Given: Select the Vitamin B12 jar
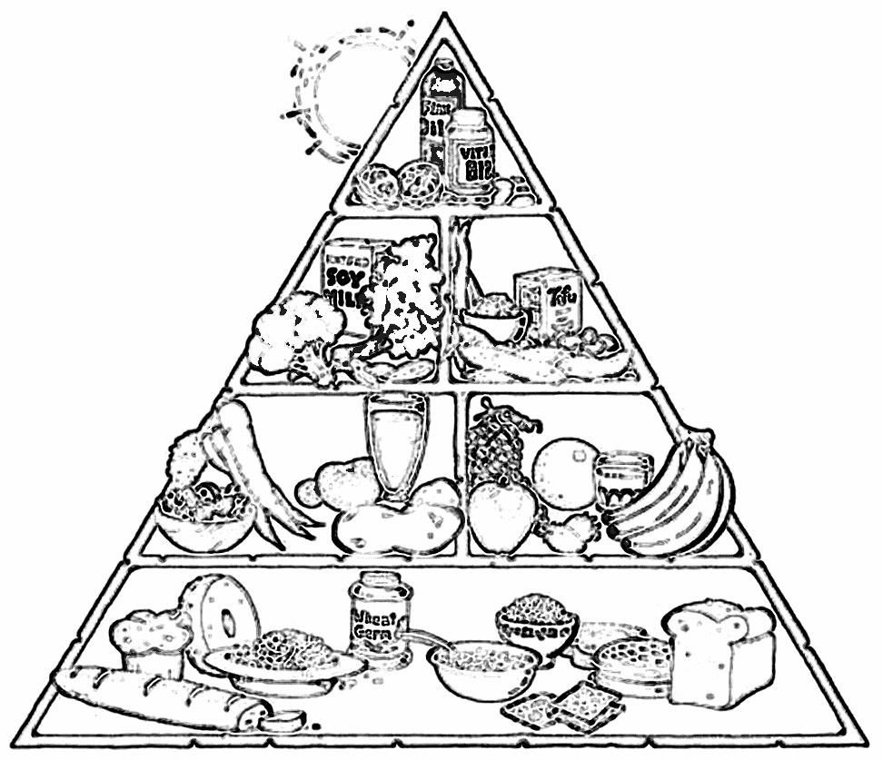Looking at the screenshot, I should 470,150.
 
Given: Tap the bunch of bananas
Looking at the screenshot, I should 677,499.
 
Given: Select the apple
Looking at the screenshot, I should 501,518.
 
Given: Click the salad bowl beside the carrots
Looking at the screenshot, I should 203,513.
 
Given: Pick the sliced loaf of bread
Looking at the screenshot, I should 719,654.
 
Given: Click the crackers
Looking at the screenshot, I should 563,708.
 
